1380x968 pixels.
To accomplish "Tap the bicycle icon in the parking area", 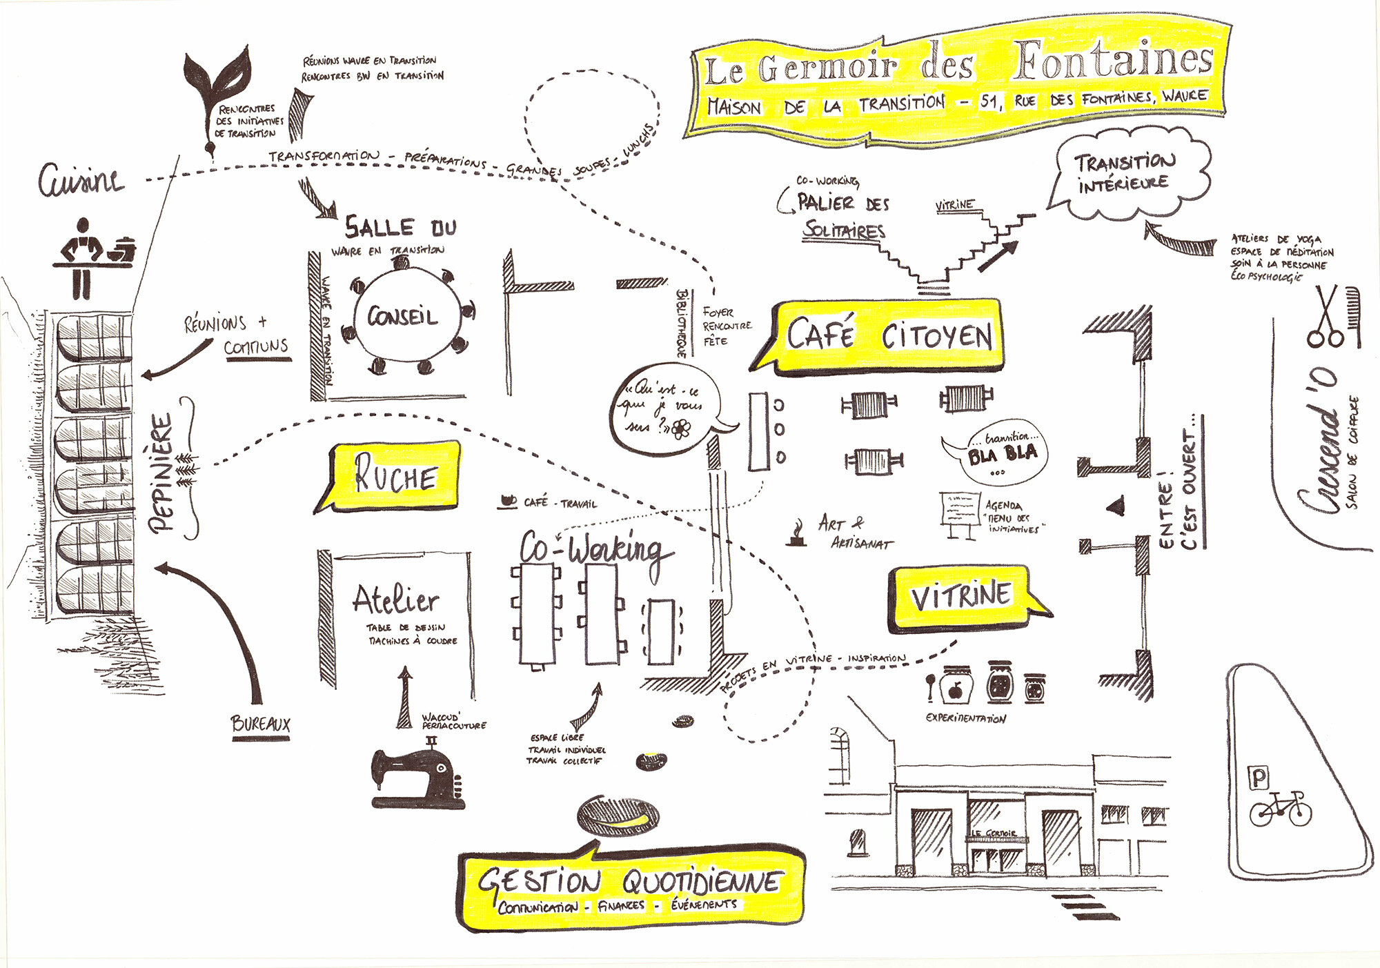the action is (1280, 809).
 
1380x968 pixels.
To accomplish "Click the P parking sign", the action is (1259, 778).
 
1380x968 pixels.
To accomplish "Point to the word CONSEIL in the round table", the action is (402, 317).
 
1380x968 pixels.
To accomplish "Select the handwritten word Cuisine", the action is (81, 181).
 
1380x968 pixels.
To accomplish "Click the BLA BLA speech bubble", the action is (1000, 453).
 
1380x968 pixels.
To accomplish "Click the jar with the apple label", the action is (956, 685).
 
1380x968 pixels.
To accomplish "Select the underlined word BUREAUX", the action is (260, 724).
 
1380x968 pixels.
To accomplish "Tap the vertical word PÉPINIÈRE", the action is (163, 472).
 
